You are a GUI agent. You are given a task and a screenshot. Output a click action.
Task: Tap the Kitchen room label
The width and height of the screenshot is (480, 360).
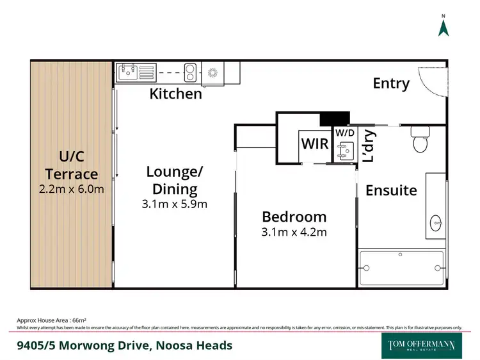click(x=175, y=94)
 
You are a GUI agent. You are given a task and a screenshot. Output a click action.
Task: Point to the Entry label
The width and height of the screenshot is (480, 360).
click(x=391, y=83)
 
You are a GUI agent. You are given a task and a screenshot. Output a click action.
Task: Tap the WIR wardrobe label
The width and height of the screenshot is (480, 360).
click(x=314, y=143)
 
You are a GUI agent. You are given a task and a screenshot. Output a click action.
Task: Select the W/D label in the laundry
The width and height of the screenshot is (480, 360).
click(x=344, y=133)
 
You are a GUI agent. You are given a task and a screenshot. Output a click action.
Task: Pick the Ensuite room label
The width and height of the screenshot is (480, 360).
click(x=391, y=190)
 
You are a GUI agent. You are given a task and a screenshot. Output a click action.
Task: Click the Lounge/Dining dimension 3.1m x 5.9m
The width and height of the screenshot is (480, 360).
click(x=175, y=205)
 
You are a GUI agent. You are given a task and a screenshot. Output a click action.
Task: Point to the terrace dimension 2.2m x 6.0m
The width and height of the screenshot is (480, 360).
click(x=72, y=189)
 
